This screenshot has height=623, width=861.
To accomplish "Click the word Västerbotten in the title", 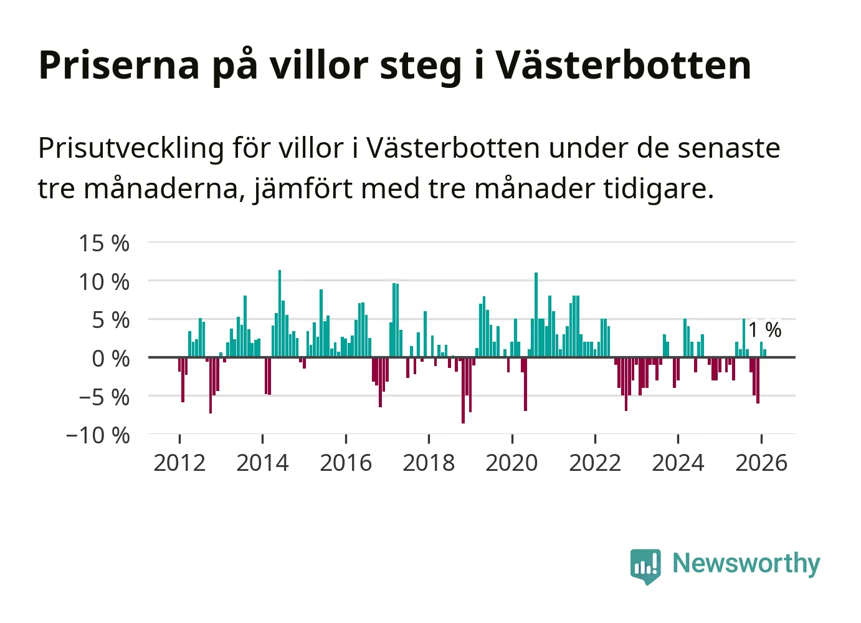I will [623, 65].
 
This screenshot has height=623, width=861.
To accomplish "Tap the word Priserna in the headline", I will [118, 65].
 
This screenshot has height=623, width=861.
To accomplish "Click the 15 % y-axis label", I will [104, 243].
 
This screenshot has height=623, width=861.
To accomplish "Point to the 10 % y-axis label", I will [104, 282].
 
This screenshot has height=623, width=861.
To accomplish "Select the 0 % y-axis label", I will [111, 359].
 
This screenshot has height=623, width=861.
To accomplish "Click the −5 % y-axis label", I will [104, 397].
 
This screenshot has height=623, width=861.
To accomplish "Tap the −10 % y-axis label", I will [98, 435].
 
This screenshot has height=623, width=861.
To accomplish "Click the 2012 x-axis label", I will [179, 463].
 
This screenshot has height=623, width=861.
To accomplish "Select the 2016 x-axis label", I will [346, 463].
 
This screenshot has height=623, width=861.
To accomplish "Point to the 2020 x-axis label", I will [511, 463].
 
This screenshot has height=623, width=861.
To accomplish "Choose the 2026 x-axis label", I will [761, 463].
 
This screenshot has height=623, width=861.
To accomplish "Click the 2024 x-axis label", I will [678, 463].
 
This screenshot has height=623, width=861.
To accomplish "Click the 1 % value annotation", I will [764, 330].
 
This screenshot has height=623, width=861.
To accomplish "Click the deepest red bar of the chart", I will [463, 390].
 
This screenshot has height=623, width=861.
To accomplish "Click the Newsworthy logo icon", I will [645, 566].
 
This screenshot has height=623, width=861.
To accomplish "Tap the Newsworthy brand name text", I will [746, 564].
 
